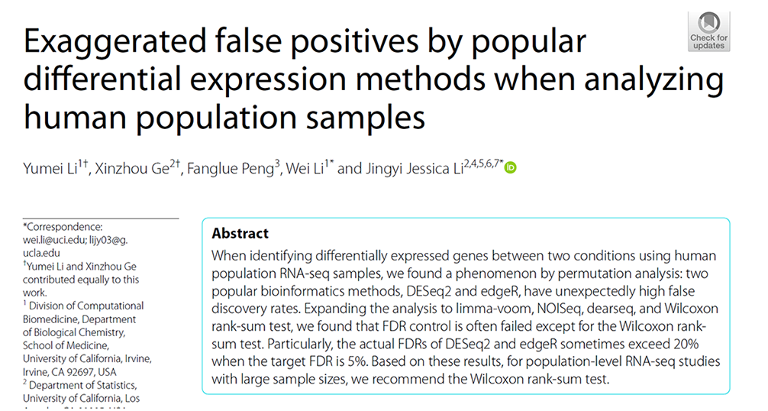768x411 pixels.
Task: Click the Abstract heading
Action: [240, 234]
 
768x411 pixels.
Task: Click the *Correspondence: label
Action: [63, 226]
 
